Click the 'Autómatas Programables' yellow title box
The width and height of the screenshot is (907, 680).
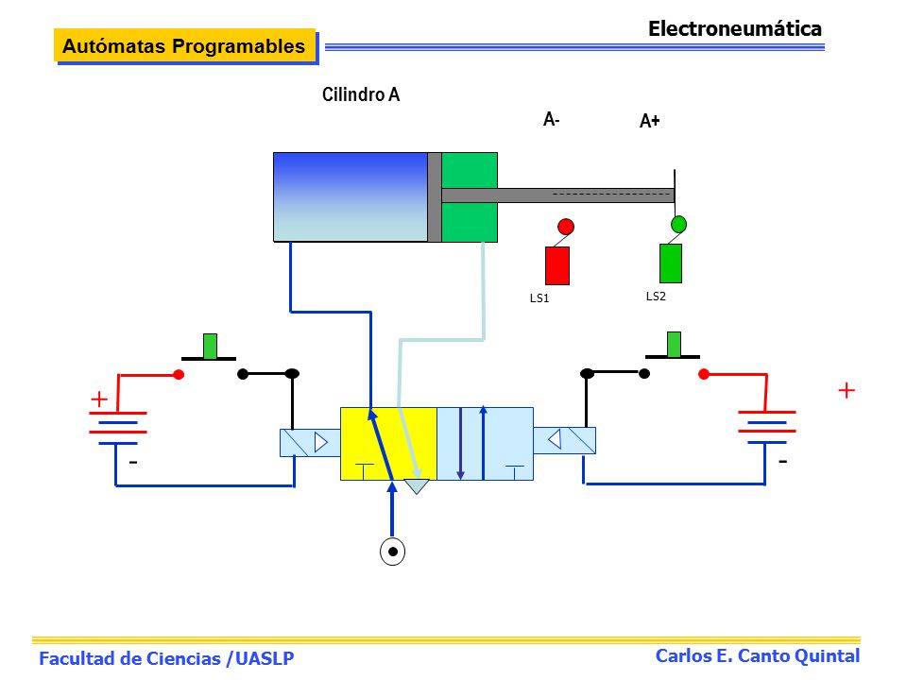click(184, 45)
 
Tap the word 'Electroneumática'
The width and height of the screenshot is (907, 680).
click(735, 28)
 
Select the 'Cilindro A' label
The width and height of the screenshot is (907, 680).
click(361, 94)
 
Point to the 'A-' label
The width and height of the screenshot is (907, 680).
click(551, 119)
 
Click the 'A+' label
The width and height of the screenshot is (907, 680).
click(650, 120)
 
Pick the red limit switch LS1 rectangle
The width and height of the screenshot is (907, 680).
click(557, 265)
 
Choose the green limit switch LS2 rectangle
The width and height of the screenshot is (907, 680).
click(671, 263)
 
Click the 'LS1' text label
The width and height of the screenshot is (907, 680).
click(539, 297)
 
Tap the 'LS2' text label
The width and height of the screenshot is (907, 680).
click(656, 296)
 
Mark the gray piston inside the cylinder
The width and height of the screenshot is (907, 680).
click(435, 197)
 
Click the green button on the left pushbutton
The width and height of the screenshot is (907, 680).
click(210, 346)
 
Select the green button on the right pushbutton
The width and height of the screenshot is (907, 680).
click(674, 344)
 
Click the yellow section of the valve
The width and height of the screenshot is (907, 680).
click(388, 444)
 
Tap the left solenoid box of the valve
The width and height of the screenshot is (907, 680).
click(310, 443)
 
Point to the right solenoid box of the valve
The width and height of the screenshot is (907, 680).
click(565, 440)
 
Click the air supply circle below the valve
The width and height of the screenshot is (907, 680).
click(392, 552)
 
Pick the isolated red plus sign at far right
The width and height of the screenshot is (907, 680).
click(847, 390)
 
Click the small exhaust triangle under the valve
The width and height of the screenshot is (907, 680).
click(417, 486)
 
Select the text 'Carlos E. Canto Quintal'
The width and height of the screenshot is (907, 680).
click(757, 655)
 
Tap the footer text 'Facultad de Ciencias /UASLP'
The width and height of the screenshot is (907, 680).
click(166, 658)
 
